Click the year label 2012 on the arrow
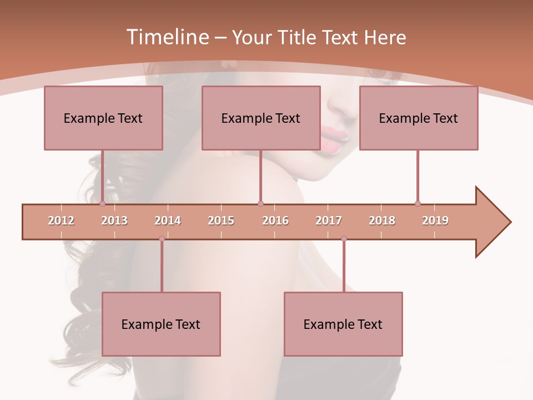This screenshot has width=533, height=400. [61, 221]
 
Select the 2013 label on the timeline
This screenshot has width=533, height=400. [114, 221]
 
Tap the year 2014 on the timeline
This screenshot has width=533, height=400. [168, 221]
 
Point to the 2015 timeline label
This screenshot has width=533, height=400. [221, 221]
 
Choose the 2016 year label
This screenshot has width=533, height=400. [275, 221]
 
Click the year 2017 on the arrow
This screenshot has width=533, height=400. [329, 221]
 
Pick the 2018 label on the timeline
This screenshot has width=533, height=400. [382, 221]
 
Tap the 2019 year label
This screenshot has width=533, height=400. [435, 221]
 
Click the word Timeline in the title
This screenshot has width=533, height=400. [166, 37]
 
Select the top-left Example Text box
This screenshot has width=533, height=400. [103, 118]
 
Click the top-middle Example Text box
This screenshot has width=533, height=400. [261, 118]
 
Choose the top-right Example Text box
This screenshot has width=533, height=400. [419, 118]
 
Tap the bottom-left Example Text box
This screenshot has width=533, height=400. [161, 324]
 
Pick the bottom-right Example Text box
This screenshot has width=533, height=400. [343, 324]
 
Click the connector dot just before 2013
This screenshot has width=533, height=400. [102, 204]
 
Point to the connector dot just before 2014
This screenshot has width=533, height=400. [162, 239]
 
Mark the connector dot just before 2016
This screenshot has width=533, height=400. [260, 204]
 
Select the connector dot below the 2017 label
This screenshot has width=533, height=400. [344, 239]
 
